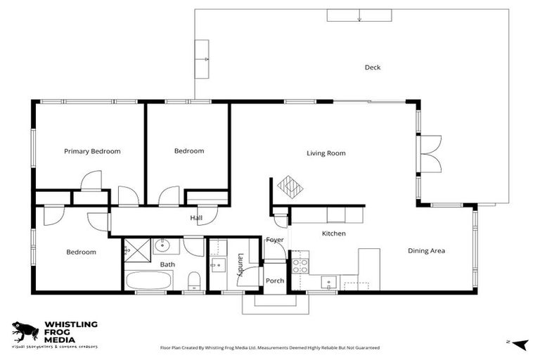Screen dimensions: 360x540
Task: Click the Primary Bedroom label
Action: (92, 151)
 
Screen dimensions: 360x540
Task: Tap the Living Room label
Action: (326, 153)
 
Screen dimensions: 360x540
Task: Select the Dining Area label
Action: (426, 250)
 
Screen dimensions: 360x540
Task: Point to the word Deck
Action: (372, 67)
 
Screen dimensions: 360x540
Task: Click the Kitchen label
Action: (333, 233)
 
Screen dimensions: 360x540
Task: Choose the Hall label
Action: (196, 218)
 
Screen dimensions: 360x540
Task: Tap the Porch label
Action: (275, 281)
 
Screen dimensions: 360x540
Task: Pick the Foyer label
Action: (274, 240)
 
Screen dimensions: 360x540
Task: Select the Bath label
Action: (167, 264)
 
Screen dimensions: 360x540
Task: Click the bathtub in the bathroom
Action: (148, 280)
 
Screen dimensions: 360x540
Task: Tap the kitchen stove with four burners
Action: (300, 265)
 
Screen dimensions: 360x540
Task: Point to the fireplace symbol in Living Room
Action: (289, 186)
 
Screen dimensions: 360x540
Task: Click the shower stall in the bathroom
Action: (137, 248)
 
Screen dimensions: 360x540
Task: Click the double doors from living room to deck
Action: (430, 153)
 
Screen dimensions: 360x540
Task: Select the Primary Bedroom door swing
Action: (91, 181)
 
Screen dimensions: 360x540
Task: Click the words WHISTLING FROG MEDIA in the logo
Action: (71, 332)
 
